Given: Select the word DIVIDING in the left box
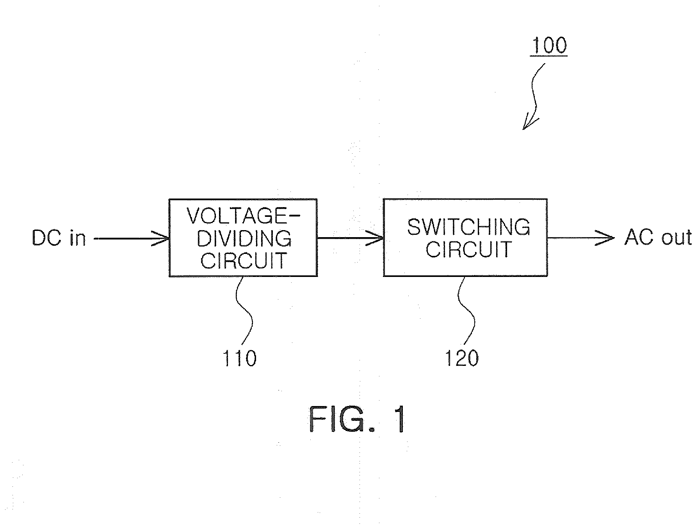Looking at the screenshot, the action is pyautogui.click(x=244, y=239).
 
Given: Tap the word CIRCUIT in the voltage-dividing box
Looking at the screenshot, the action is pyautogui.click(x=244, y=261).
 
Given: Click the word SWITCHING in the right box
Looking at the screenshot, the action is pyautogui.click(x=469, y=227).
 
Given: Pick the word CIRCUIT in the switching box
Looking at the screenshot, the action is pyautogui.click(x=468, y=249).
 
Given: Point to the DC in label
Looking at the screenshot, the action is pyautogui.click(x=59, y=238).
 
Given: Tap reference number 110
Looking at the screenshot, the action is pyautogui.click(x=239, y=358).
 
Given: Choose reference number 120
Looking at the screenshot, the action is pyautogui.click(x=462, y=358).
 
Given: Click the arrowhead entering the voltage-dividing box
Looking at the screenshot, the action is pyautogui.click(x=161, y=238).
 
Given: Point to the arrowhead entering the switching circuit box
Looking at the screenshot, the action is pyautogui.click(x=375, y=238).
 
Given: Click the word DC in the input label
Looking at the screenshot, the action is pyautogui.click(x=47, y=238).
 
